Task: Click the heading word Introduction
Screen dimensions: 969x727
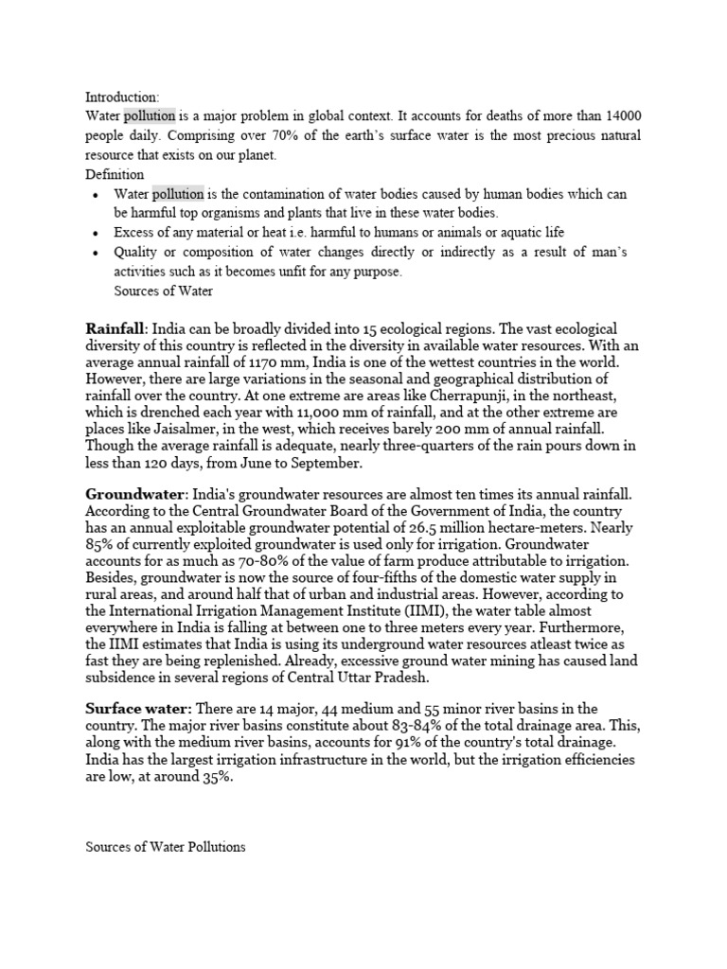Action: click(x=122, y=97)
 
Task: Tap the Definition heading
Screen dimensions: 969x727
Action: click(x=115, y=174)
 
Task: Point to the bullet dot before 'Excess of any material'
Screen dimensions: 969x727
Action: click(x=98, y=233)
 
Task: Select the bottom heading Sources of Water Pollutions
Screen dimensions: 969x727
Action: click(x=166, y=847)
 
